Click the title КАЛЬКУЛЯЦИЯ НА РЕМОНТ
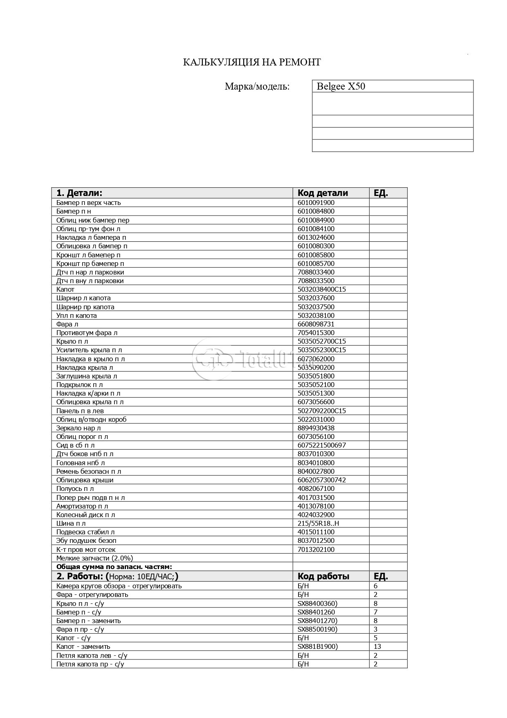tap(251, 62)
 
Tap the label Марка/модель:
tap(257, 86)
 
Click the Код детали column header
tap(323, 193)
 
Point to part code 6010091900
tap(316, 203)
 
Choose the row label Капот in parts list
tap(65, 289)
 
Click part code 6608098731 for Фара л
tap(316, 324)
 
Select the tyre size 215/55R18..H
tap(318, 523)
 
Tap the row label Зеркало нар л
tap(79, 428)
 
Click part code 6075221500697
tap(321, 445)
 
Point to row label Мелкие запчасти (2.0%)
tap(94, 558)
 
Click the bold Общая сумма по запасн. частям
tap(114, 567)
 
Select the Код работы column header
tap(323, 576)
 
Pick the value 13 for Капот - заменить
tap(377, 646)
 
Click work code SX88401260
tap(316, 612)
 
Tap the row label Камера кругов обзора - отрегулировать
tap(119, 586)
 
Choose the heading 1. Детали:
tap(79, 193)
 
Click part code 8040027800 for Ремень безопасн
tap(316, 471)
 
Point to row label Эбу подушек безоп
tap(86, 540)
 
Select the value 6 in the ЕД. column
tap(375, 586)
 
